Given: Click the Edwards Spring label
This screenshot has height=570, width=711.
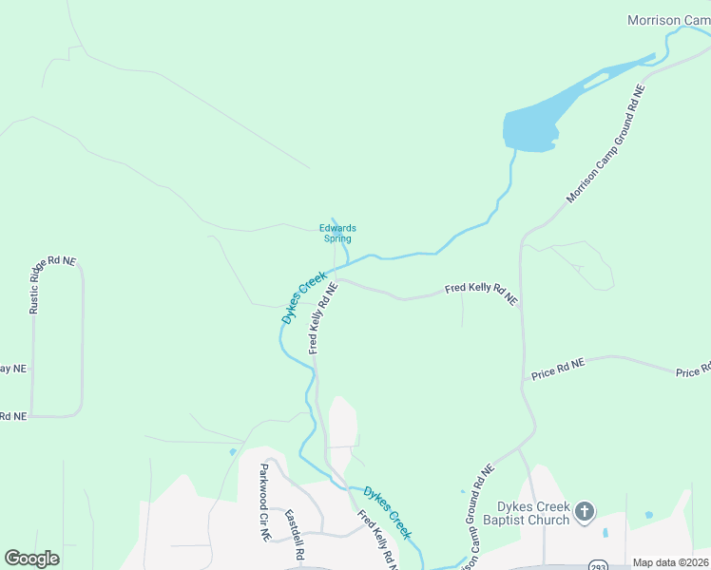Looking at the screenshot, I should click(337, 233).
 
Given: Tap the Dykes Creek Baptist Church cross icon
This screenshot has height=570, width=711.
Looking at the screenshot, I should click(585, 513).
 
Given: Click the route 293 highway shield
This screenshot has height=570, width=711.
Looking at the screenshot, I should click(597, 563).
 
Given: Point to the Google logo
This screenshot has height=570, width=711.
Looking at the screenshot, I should click(31, 559).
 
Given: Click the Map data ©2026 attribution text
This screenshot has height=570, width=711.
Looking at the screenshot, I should click(670, 562).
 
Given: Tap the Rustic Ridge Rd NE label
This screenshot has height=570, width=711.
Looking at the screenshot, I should click(51, 284).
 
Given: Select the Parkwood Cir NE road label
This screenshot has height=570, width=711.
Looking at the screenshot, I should click(265, 502).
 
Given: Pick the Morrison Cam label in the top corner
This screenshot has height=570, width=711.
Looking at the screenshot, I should click(668, 20).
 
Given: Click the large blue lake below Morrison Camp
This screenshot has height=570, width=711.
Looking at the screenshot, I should click(537, 123).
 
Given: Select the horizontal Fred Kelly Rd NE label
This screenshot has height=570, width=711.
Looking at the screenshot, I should click(482, 293).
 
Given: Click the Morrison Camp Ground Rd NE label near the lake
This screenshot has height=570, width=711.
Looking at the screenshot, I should click(605, 143).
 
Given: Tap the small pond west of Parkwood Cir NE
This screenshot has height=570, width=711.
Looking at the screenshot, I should click(233, 451).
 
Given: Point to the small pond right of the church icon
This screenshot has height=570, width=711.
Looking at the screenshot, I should click(648, 515).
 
